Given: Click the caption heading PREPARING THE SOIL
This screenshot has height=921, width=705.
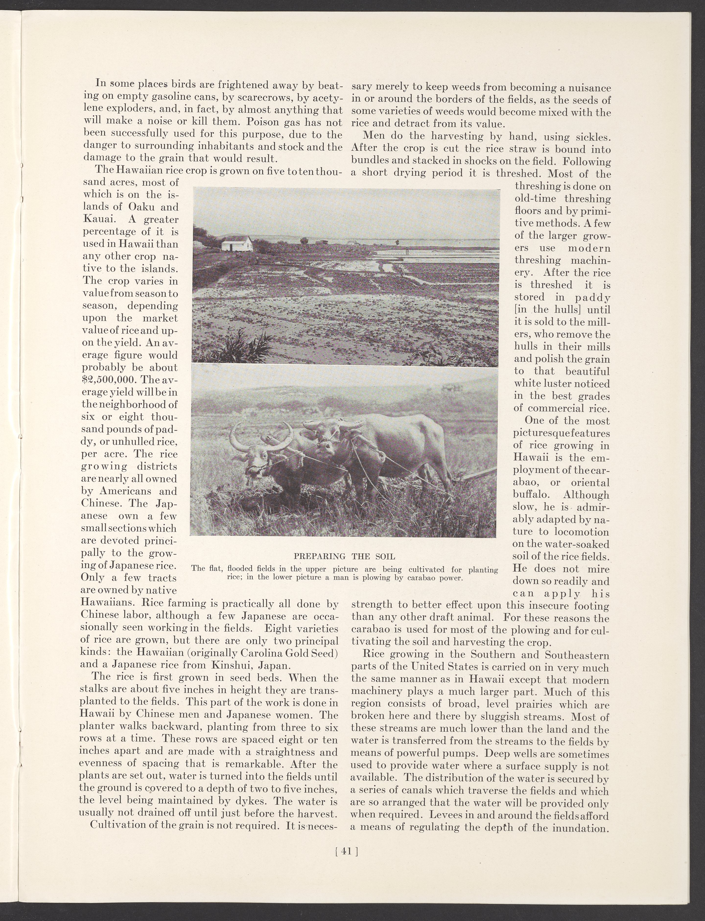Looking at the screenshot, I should click(344, 557).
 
